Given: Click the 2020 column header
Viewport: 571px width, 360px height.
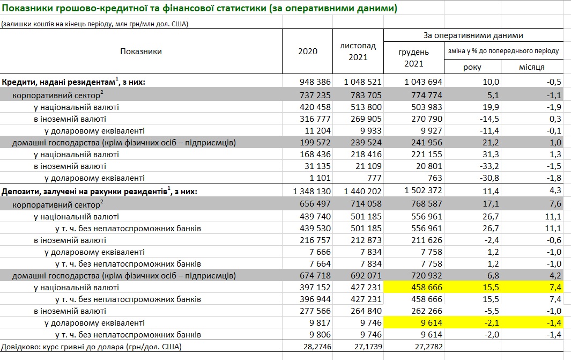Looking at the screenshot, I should point(307,52).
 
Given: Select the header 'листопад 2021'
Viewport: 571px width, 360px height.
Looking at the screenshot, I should point(358,52).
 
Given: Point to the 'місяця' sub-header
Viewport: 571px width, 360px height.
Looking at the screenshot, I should point(532,67).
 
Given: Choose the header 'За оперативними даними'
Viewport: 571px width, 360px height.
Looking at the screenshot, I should point(473,35).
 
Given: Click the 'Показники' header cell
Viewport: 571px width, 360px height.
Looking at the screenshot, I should point(141,52).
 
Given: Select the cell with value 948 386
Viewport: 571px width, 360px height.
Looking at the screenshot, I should point(315,82).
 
